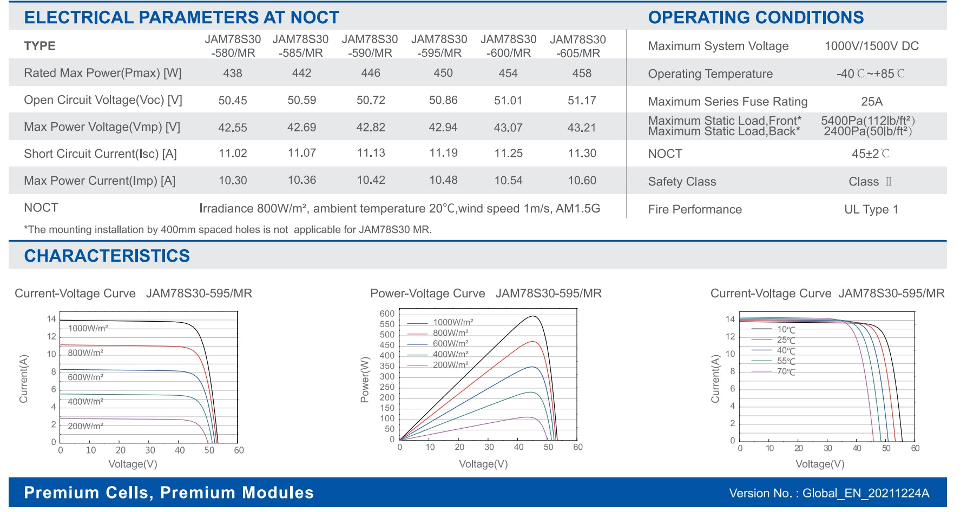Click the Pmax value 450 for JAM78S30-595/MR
tap(443, 73)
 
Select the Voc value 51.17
tap(582, 101)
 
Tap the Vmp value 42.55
tap(232, 128)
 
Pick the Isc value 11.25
tap(508, 154)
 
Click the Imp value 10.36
tap(301, 181)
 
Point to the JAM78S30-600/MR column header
tap(508, 46)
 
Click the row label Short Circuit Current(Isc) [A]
tap(100, 154)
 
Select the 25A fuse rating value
tap(871, 102)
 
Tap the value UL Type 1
tap(871, 210)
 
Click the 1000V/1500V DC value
tap(871, 46)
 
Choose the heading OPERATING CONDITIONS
tap(755, 18)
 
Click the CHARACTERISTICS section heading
tap(107, 256)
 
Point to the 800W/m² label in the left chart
tap(85, 353)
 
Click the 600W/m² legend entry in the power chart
tap(450, 344)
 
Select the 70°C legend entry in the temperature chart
tap(786, 372)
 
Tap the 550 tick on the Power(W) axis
tap(387, 324)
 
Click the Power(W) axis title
tap(365, 379)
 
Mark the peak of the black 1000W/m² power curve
tap(533, 316)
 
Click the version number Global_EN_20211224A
tap(865, 493)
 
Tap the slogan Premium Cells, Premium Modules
tap(169, 493)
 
